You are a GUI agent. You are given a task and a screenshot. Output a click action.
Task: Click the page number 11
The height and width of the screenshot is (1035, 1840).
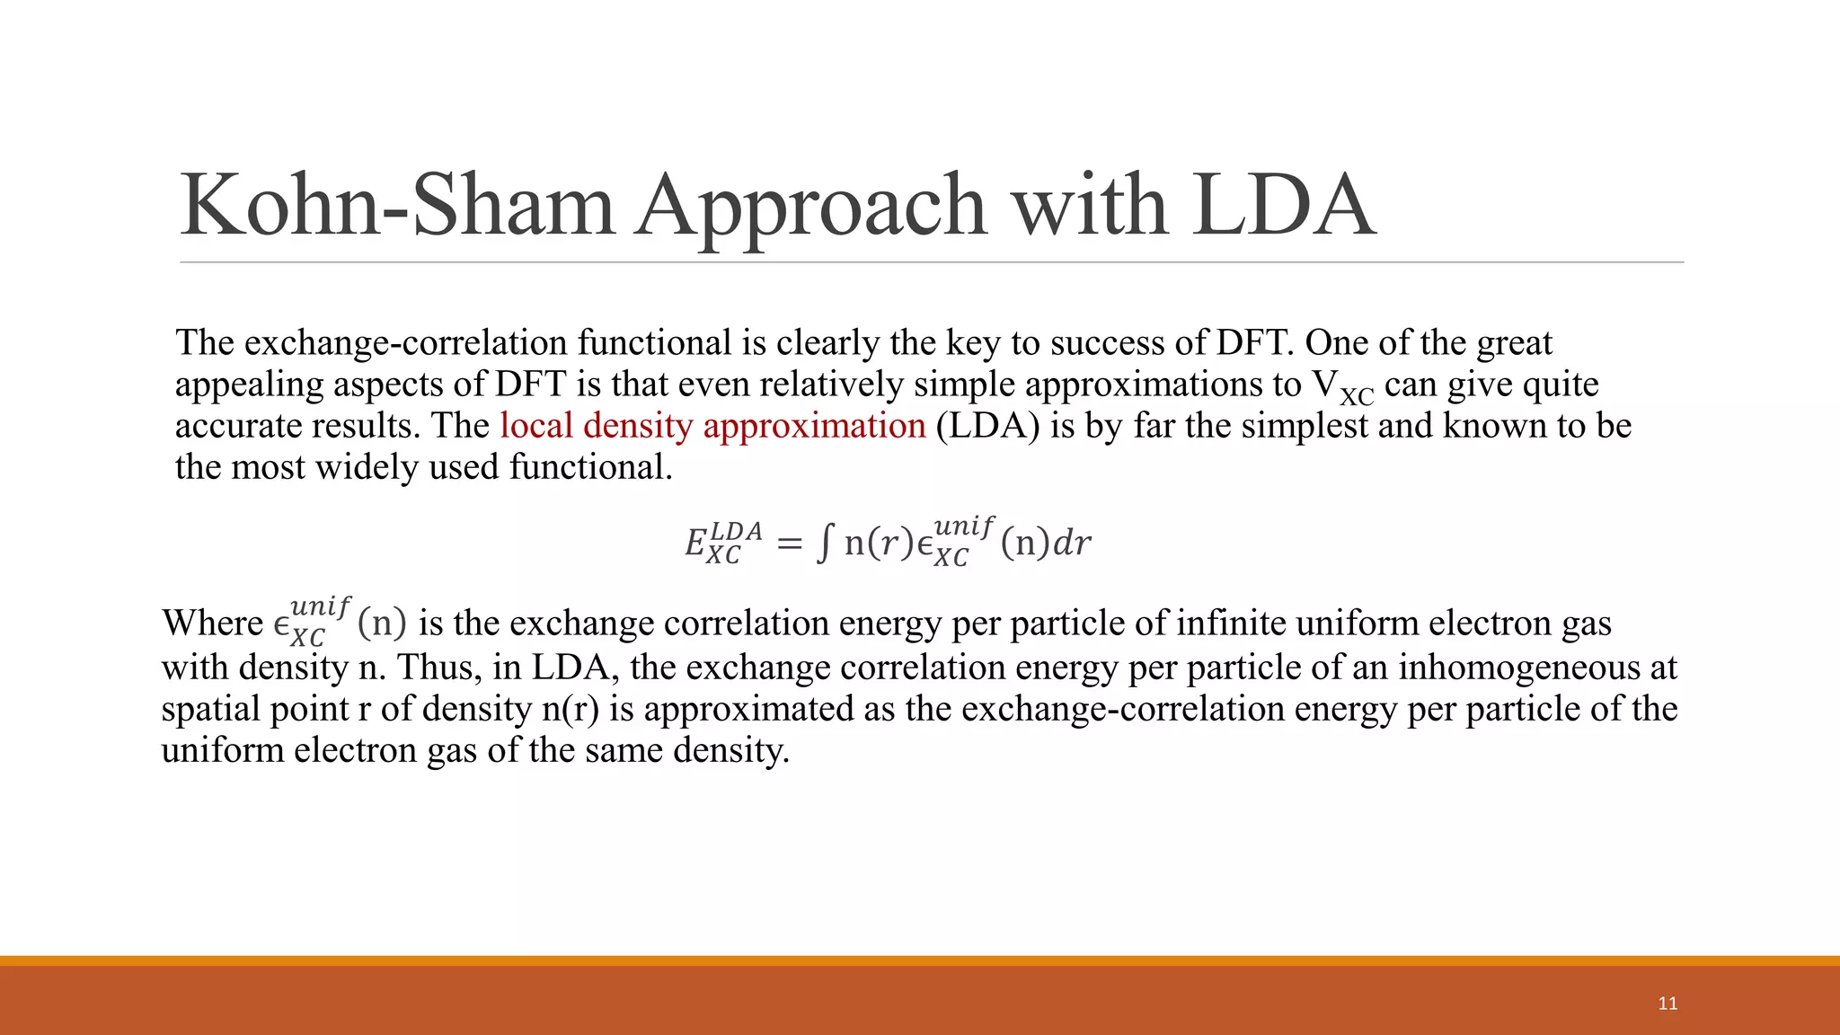pyautogui.click(x=1667, y=1004)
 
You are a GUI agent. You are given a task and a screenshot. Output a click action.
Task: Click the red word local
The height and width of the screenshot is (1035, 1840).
pyautogui.click(x=536, y=425)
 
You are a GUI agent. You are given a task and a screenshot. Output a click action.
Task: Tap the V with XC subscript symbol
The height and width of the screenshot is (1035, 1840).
pyautogui.click(x=1342, y=386)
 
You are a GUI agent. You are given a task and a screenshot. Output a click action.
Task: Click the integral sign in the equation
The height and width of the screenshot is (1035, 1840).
pyautogui.click(x=824, y=543)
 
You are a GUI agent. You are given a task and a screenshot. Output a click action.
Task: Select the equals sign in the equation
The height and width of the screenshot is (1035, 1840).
pyautogui.click(x=788, y=544)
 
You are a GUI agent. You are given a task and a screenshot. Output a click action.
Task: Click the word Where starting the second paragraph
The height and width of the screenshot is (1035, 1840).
pyautogui.click(x=212, y=623)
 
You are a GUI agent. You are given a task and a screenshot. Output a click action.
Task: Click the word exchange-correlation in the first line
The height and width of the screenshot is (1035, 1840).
pyautogui.click(x=406, y=342)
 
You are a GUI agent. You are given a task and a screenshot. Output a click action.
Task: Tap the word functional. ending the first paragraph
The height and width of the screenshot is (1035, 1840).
pyautogui.click(x=590, y=467)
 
